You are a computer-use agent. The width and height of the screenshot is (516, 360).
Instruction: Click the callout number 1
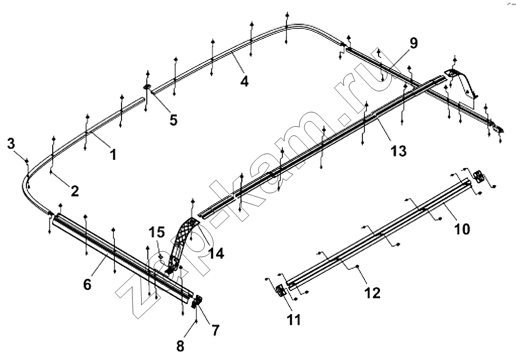tap(113, 154)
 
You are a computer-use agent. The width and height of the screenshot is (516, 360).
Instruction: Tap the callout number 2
tap(74, 191)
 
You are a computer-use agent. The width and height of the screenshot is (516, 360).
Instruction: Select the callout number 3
tap(11, 143)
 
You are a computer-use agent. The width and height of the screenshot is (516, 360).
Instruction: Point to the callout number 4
tap(244, 81)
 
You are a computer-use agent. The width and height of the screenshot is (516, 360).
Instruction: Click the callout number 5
tap(173, 120)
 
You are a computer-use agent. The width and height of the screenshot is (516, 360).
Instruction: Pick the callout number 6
tap(87, 284)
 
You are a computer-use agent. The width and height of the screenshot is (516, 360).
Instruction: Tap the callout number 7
tap(215, 331)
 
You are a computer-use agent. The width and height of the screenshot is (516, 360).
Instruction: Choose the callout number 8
tap(180, 346)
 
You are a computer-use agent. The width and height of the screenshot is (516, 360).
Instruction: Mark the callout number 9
tap(413, 43)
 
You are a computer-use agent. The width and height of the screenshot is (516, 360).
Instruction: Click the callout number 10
tap(462, 229)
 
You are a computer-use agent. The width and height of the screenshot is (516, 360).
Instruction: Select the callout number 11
tap(294, 320)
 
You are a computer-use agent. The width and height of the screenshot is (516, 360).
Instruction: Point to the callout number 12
tap(372, 293)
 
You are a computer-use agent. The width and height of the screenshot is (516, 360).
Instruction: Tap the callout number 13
tap(399, 151)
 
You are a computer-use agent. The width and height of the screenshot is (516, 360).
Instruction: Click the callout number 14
tap(216, 253)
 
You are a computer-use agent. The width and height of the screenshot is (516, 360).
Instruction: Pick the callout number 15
tap(157, 232)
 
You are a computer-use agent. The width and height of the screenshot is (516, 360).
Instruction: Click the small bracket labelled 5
tap(147, 87)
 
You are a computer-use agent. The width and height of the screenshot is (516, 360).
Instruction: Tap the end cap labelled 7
tap(197, 301)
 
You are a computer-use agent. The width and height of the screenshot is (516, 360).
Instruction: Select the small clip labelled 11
tap(280, 290)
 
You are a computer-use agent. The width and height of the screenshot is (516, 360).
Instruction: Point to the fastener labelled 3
tap(27, 160)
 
